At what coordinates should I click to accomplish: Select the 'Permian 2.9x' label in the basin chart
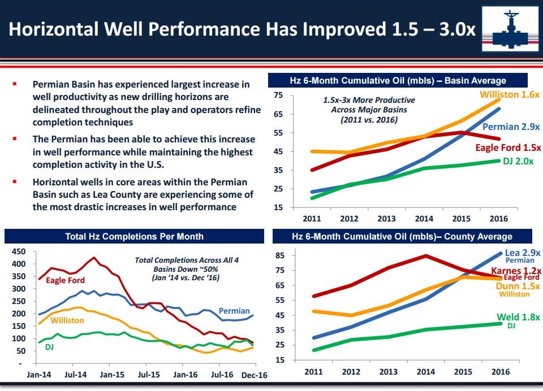511,127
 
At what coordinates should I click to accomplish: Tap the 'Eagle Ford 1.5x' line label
507,147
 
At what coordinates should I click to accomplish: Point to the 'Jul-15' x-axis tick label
150,374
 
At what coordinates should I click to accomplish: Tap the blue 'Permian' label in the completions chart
234,311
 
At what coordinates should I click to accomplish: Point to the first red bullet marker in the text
14,83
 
